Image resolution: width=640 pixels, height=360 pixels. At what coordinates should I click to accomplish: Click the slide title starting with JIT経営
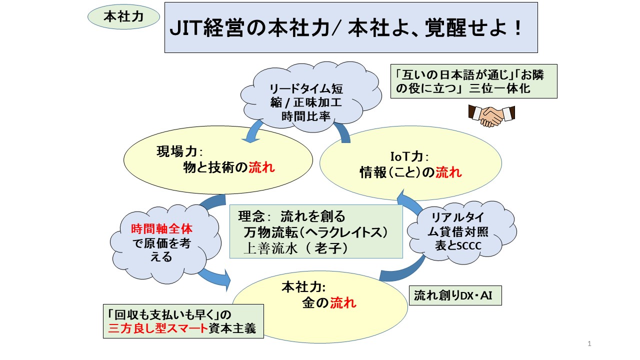(350, 27)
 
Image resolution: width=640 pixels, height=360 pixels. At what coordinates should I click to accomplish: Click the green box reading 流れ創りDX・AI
(455, 295)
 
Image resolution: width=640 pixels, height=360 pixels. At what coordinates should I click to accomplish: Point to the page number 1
(589, 343)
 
